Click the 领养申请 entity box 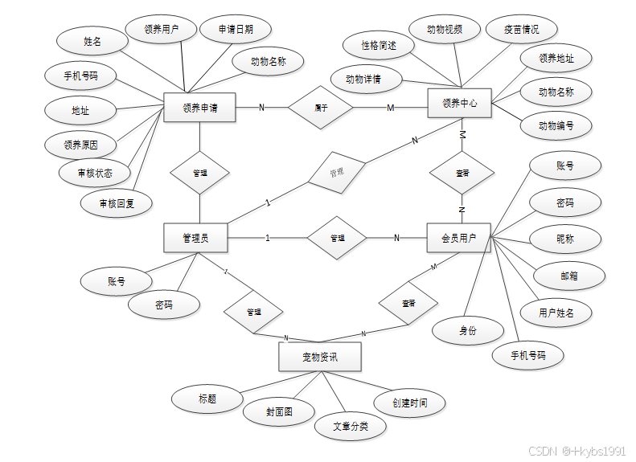[199, 108]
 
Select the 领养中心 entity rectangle [460, 103]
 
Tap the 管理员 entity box [195, 238]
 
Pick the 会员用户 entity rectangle [458, 238]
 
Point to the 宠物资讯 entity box [319, 357]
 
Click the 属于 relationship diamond [321, 107]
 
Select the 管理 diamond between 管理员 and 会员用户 [337, 238]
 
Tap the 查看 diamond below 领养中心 [462, 173]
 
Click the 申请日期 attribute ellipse [236, 29]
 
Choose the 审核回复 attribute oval [117, 203]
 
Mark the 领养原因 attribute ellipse [81, 145]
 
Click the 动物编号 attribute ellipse [556, 125]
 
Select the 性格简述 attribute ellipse [379, 46]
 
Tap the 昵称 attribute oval [565, 239]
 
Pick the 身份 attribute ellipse [468, 330]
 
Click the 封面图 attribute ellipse [278, 411]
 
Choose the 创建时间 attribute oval [409, 403]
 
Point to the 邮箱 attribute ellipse [568, 276]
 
